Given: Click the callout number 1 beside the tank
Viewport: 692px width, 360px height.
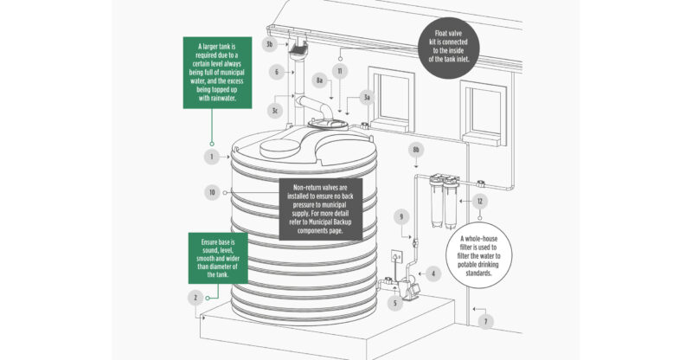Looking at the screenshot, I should (x=210, y=157).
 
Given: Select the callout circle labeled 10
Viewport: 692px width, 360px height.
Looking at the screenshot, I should (x=210, y=191).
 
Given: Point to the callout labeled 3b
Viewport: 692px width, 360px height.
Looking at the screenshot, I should (x=269, y=43).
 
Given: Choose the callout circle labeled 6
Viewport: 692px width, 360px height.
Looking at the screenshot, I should (x=276, y=73).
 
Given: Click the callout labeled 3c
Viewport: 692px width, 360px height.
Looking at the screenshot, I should (x=276, y=111).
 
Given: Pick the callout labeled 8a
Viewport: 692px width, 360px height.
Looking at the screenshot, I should (x=319, y=80).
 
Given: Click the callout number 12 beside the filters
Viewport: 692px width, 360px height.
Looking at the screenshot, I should (x=482, y=201).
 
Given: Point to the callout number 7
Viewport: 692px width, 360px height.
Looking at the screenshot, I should (x=486, y=320).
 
